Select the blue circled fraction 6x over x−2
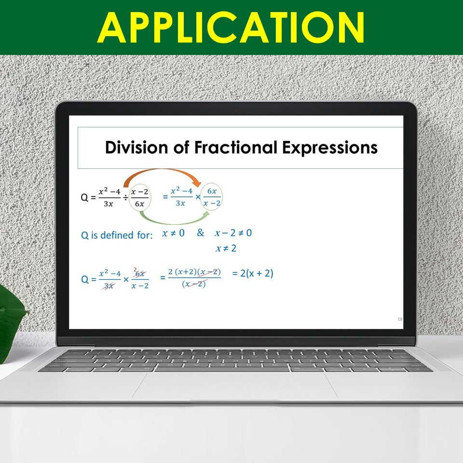212,197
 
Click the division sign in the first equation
125,197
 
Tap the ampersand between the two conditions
201,233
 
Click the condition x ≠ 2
226,249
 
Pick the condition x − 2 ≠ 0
233,233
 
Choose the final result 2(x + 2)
253,273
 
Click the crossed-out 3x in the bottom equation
109,286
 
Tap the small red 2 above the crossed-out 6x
135,269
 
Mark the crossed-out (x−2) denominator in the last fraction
194,284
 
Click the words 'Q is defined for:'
117,235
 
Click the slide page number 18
400,319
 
